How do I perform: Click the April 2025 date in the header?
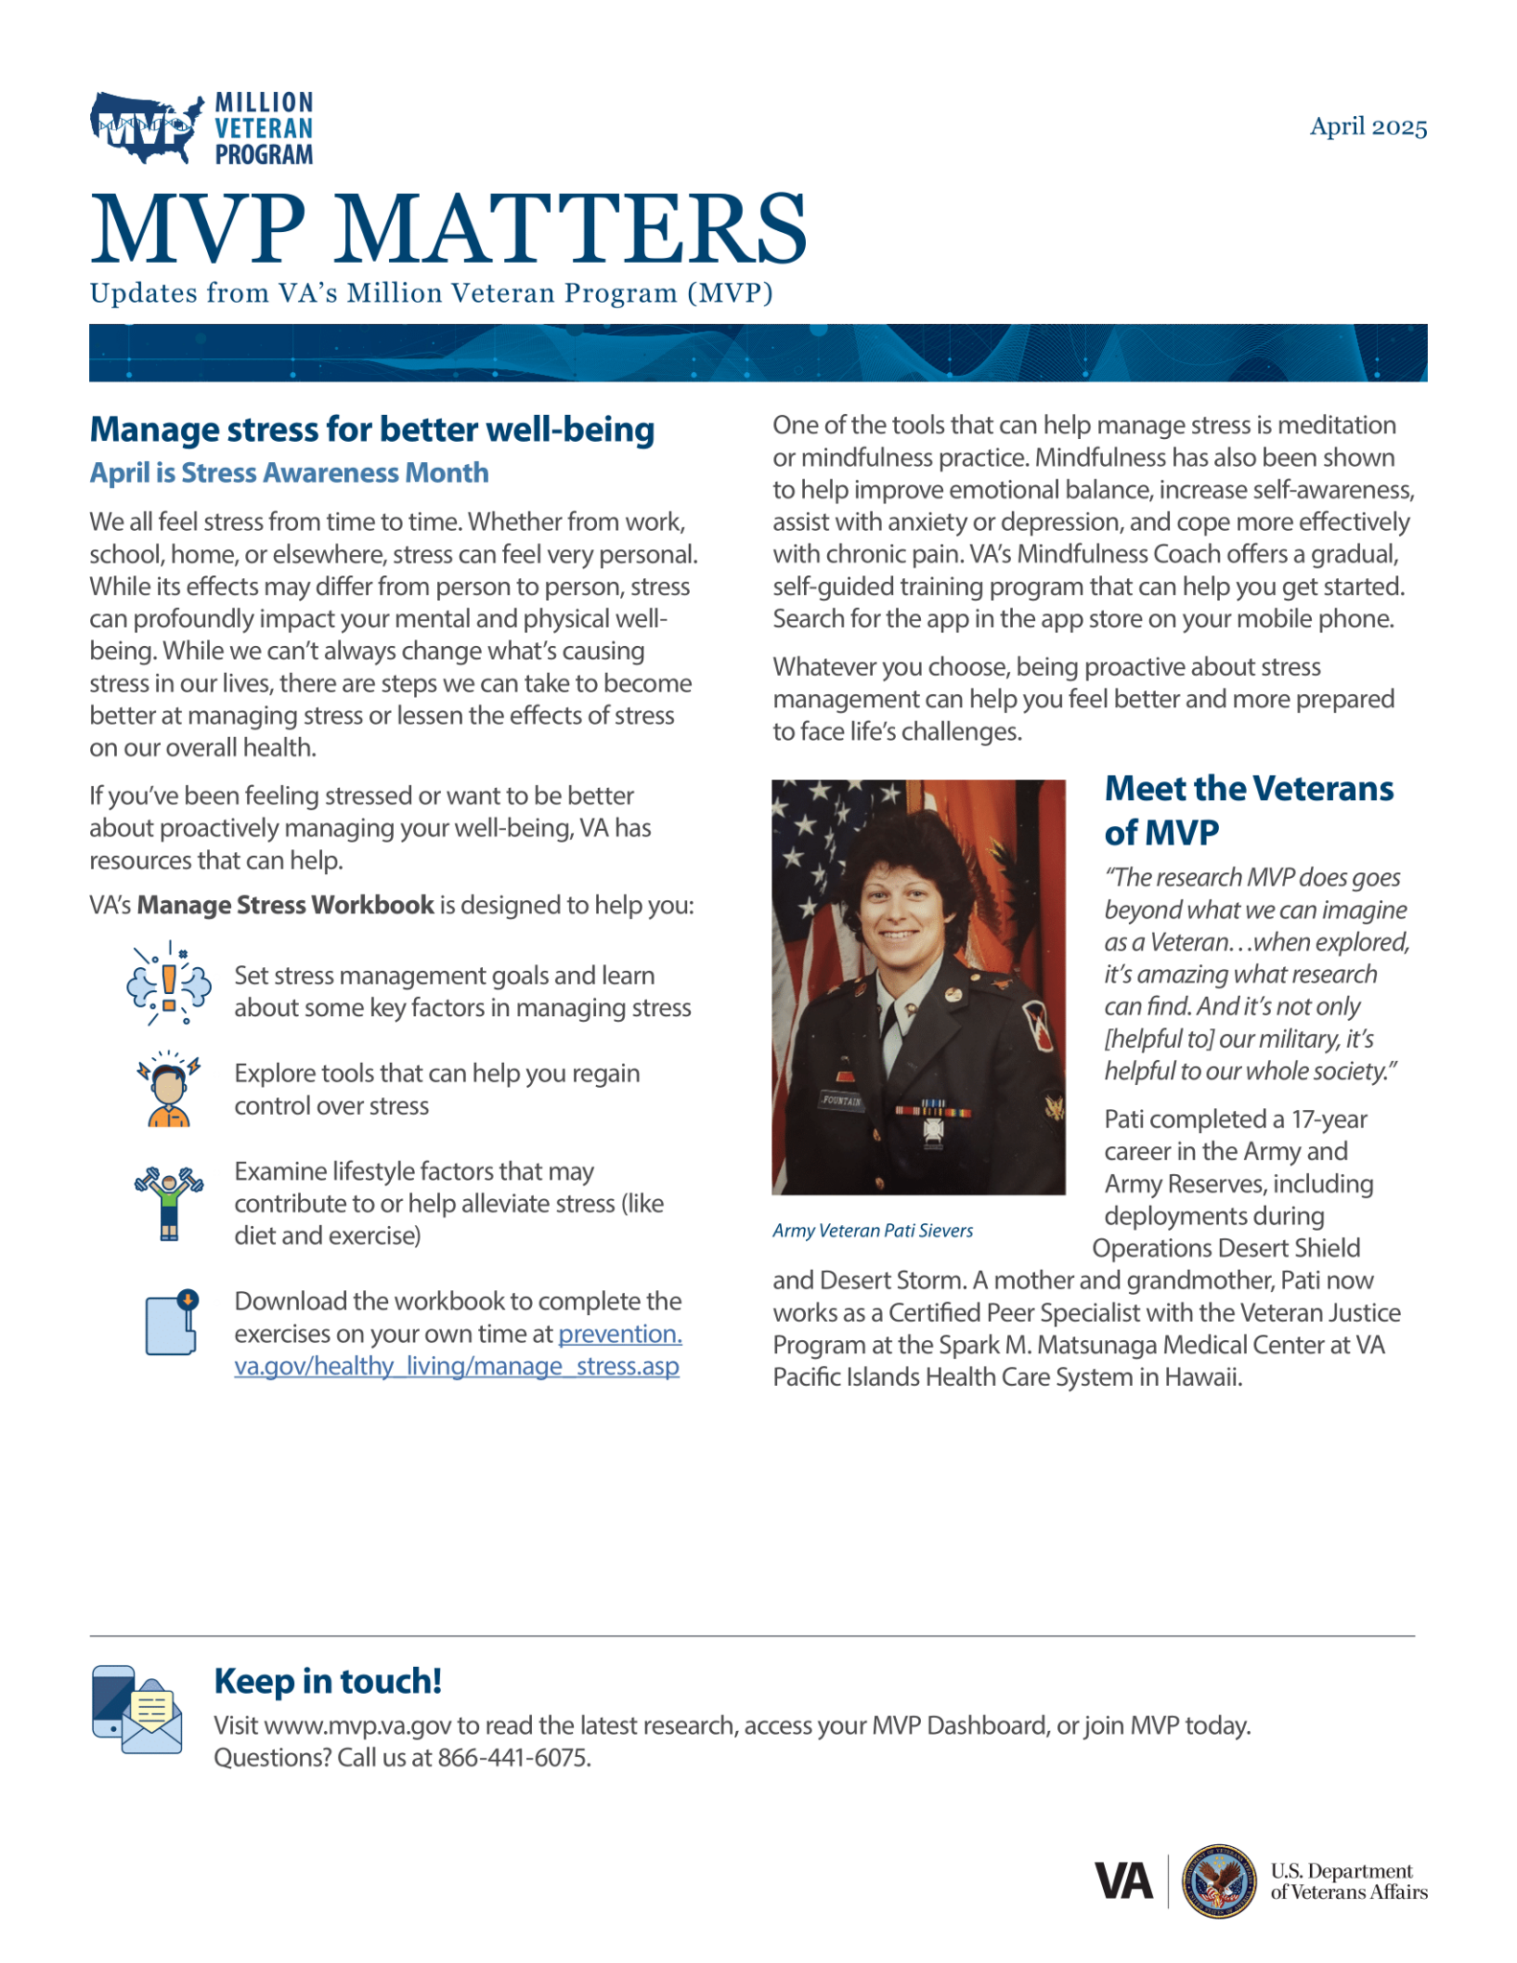1368,127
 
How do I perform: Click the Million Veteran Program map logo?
148,127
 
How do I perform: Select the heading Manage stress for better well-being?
372,429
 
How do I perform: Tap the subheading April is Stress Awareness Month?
288,473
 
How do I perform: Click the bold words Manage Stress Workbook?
285,905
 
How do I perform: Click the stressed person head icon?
169,1089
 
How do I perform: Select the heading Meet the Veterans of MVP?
1248,810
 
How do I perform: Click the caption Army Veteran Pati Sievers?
872,1231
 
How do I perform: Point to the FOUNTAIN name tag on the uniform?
841,1100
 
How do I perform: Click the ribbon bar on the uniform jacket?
933,1112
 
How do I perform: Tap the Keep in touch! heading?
328,1681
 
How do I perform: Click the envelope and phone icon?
137,1710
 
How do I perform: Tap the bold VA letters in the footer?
1123,1882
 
